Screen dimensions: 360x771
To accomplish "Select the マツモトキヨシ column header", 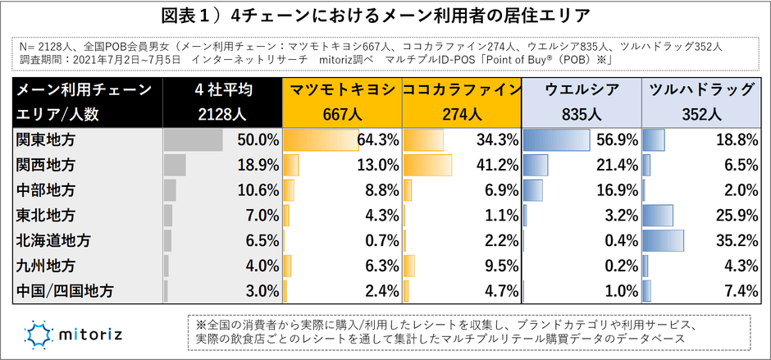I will coord(342,90).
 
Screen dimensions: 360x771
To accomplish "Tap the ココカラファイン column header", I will coord(462,90).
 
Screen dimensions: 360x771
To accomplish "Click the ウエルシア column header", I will coord(582,90).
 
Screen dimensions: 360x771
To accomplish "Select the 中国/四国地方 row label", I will coord(65,290).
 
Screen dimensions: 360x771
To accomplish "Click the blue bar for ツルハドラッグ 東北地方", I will coord(659,216).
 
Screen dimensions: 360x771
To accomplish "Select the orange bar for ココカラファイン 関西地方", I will coord(427,165).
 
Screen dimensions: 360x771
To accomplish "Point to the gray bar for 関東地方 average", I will coord(194,140).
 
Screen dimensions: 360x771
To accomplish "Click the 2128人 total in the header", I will coord(222,115).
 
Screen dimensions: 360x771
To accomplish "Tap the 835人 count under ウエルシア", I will coord(582,115).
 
